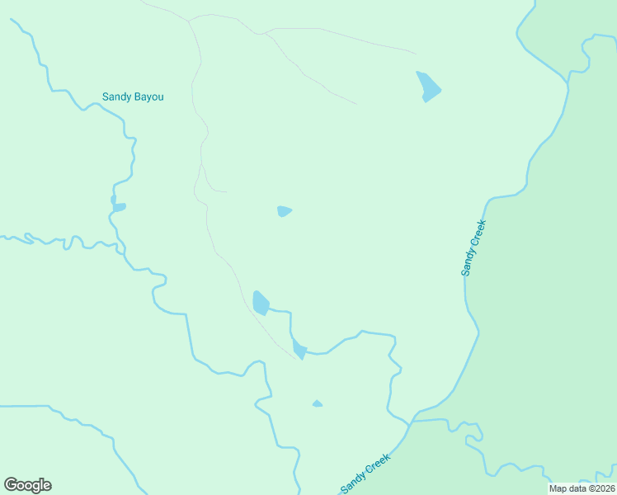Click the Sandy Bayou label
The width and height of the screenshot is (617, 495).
coord(133,97)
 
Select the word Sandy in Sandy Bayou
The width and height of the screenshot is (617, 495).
coord(116,97)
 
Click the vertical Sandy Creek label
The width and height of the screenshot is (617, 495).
coord(473,247)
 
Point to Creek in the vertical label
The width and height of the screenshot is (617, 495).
coord(478,232)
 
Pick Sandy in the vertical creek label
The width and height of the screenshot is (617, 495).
coord(469,262)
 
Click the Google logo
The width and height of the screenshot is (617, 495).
coord(27,485)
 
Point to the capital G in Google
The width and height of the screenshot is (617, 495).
coord(11,484)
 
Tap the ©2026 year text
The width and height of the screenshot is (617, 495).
coord(601,488)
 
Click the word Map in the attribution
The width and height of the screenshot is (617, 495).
coord(558,488)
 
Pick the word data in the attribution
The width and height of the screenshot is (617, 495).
coord(576,488)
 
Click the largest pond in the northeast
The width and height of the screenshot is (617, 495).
coord(428,86)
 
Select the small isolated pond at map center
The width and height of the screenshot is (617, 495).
coord(285,211)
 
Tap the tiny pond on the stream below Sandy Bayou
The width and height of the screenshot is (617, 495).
coord(119,206)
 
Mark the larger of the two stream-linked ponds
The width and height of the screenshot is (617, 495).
coord(261,303)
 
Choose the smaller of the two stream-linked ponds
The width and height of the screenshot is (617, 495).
coord(299,350)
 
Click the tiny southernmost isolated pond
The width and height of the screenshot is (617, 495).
coord(317,403)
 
